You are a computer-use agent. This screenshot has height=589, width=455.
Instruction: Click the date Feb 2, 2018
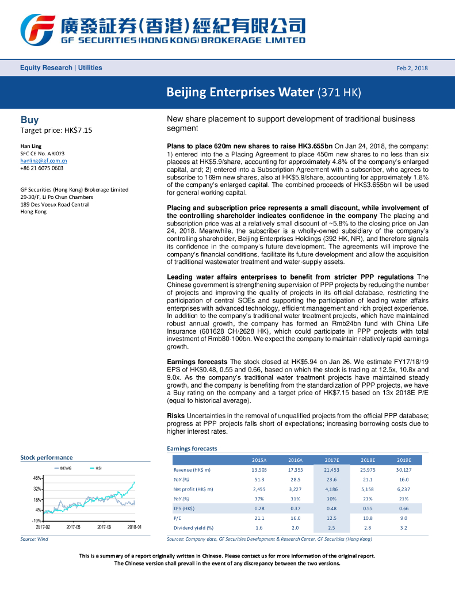[412, 68]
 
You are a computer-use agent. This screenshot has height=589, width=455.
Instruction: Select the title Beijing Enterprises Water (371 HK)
[263, 92]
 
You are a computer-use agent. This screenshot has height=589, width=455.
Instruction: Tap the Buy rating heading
[30, 120]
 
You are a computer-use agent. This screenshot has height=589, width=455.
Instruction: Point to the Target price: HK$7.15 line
[56, 130]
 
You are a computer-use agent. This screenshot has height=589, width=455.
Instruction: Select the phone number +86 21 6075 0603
[42, 168]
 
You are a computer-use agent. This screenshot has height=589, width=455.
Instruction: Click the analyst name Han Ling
[30, 147]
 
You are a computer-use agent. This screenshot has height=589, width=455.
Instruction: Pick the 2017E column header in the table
[332, 460]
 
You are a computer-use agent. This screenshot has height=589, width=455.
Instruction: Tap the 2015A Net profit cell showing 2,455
[259, 489]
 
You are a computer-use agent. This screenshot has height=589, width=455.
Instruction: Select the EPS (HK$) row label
[184, 508]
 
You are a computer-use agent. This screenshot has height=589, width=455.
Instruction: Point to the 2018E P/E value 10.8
[368, 518]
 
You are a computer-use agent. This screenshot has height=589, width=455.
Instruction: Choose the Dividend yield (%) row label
[193, 528]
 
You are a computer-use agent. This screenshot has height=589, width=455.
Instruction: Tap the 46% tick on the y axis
[37, 479]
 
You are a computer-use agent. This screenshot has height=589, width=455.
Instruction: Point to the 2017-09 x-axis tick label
[104, 527]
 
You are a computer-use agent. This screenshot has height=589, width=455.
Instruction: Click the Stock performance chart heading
[47, 457]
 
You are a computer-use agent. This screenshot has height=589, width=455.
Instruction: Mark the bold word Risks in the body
[175, 415]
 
